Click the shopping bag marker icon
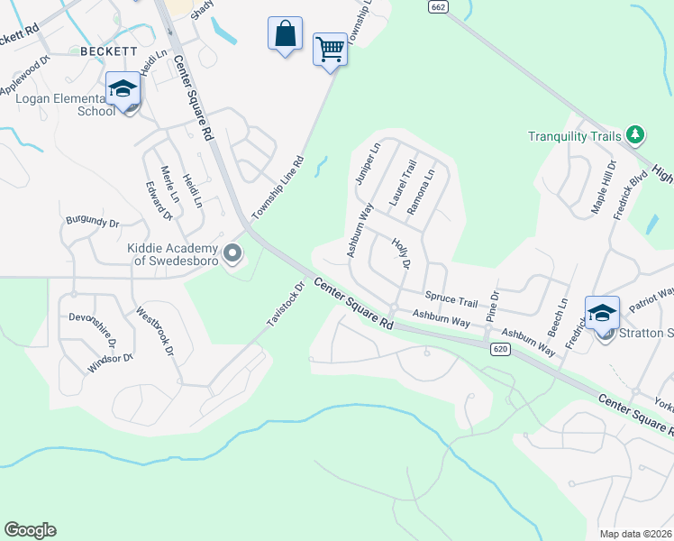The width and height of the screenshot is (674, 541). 286,35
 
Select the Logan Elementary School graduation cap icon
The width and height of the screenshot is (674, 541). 123,89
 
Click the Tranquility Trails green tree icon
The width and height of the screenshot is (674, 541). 636,135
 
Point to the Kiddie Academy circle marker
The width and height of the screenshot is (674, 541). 233,254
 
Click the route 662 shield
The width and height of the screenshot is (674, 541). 438,6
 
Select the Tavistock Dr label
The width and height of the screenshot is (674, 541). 286,304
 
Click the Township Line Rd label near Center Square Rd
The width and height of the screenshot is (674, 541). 278,188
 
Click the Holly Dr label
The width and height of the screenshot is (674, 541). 401,254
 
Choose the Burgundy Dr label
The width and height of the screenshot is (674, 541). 92,221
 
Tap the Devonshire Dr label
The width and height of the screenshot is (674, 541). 93,329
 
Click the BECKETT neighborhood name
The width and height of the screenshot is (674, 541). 108,50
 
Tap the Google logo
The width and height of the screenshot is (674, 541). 30,530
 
